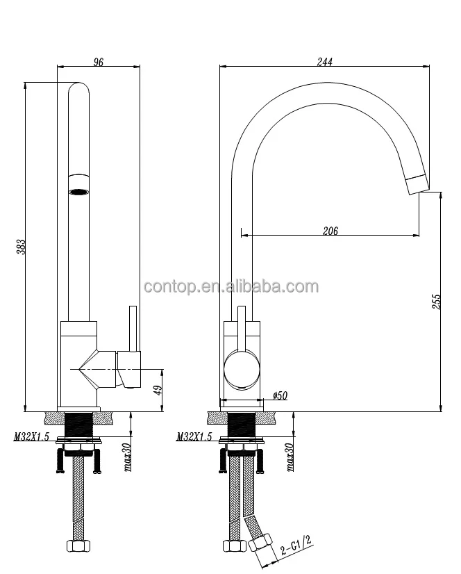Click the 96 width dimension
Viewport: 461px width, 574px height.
coord(98,63)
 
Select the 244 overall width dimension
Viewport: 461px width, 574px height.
coord(324,62)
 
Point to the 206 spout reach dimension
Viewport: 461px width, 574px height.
coord(330,231)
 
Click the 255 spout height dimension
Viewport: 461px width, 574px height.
coord(436,300)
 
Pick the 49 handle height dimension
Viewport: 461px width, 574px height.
coord(158,391)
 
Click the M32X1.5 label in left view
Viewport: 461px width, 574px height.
coord(31,437)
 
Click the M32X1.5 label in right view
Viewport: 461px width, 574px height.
coord(194,437)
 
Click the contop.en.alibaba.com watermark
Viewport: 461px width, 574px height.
coord(230,287)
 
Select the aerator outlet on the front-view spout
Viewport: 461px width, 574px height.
coord(79,186)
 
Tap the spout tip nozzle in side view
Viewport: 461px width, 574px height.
coord(417,182)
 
